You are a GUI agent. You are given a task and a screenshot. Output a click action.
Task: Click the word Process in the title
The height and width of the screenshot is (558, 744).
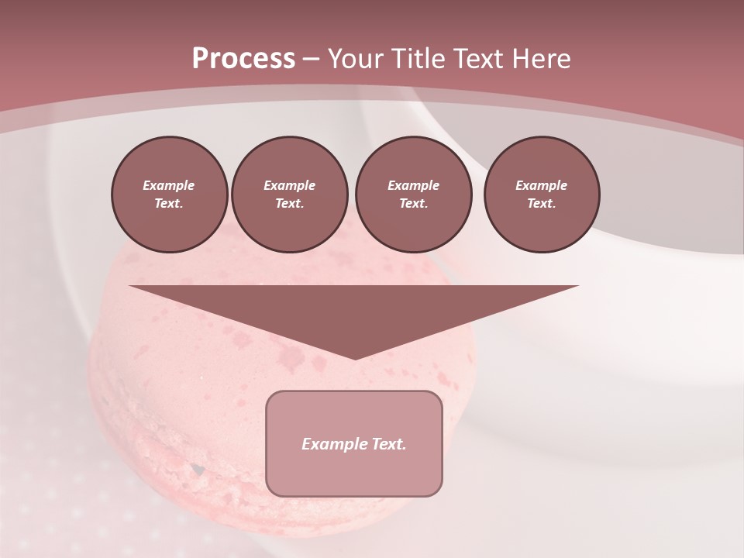243,58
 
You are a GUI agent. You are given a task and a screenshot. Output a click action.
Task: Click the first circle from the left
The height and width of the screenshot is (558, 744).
169,195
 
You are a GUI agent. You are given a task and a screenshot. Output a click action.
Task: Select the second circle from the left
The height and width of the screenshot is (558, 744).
289,195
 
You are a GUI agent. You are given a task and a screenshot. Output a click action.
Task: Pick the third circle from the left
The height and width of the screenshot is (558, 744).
413,195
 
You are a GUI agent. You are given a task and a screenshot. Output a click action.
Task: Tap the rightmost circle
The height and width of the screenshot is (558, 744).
542,195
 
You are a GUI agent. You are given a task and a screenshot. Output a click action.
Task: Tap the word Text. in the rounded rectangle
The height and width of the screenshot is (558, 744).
388,444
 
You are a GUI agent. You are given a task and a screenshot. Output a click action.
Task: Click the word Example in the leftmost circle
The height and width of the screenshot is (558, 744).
169,185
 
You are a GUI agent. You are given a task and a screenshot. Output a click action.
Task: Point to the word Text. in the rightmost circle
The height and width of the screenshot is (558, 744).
542,204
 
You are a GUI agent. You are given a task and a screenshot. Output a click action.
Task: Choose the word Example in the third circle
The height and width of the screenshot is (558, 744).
413,185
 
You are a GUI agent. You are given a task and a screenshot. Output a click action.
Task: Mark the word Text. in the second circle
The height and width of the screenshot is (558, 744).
289,204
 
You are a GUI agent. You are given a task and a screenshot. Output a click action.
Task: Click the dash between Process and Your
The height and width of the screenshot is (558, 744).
312,58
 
